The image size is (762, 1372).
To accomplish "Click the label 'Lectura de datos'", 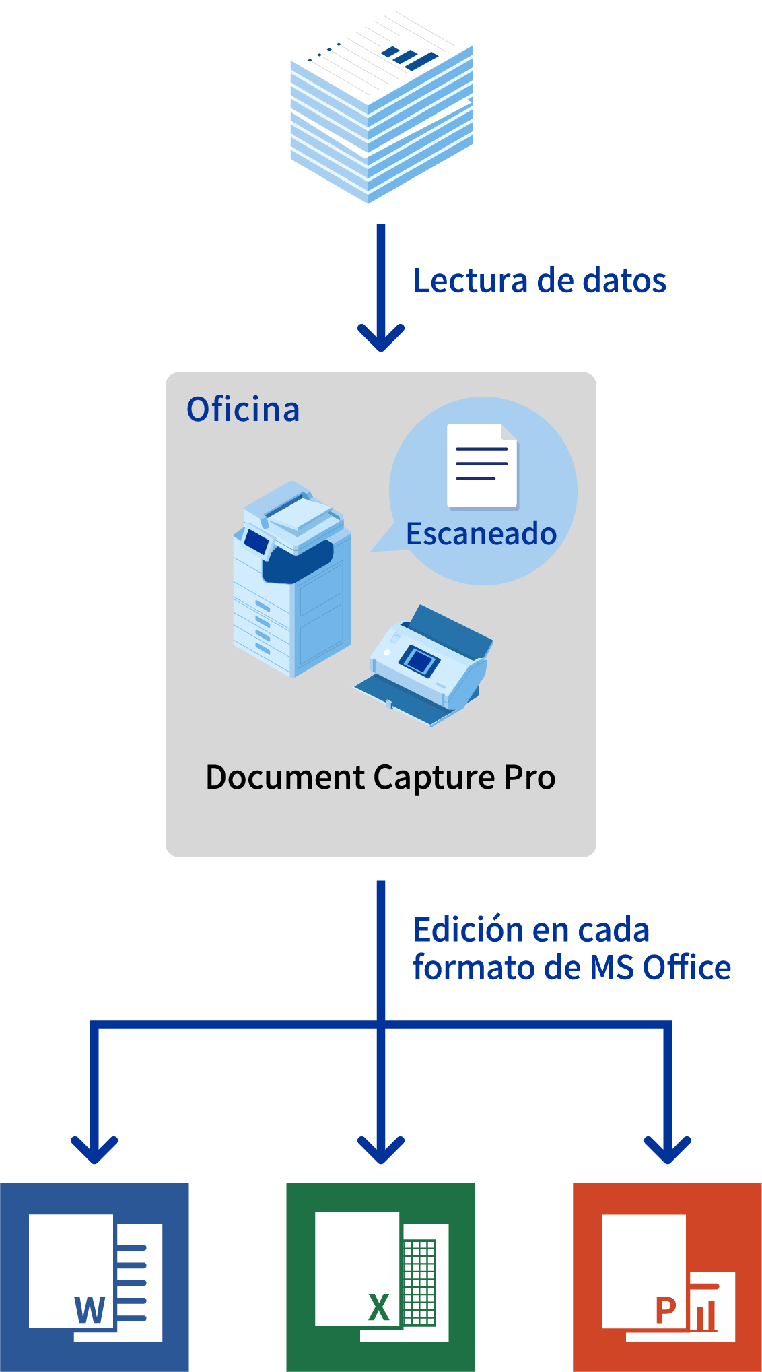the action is point(540,280).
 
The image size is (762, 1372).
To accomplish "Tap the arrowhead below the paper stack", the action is point(381,337).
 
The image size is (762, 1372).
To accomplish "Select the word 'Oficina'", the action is point(243,409).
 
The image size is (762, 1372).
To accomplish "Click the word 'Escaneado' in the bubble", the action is point(481,533).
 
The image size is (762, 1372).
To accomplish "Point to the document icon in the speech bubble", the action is point(483,466).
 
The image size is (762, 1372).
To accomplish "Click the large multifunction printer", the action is point(292,579).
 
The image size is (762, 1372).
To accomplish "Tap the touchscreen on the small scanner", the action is point(419,660).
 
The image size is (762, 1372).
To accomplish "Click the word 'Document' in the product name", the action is point(285,777).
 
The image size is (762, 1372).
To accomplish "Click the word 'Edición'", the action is point(468,929).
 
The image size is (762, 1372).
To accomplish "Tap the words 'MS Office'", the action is point(660,967).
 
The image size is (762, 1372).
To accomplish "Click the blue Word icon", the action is point(94,1277).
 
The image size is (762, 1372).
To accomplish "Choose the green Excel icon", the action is point(381,1277).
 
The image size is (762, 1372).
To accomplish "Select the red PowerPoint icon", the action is point(667,1277).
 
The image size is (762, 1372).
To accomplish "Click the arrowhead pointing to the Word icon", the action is point(94,1150).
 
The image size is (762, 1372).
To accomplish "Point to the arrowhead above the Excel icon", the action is point(381,1150).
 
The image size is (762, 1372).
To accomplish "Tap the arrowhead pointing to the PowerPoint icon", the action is point(668,1150).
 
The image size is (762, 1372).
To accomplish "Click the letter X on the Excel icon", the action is point(379,1307).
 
